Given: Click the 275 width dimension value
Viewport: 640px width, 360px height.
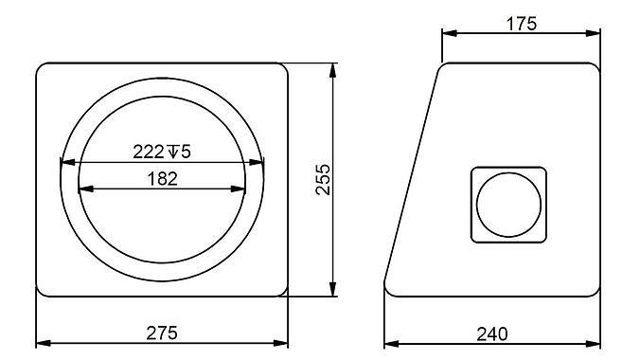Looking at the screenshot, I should pyautogui.click(x=162, y=333).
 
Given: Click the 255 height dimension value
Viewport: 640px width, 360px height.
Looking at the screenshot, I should pyautogui.click(x=322, y=180).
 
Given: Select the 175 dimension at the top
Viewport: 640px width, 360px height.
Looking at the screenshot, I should pyautogui.click(x=521, y=24).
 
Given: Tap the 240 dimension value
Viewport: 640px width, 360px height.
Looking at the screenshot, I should pyautogui.click(x=492, y=333).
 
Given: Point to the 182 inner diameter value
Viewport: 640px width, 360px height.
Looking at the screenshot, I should pyautogui.click(x=163, y=179).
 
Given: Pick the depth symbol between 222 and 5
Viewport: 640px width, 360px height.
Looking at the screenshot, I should pyautogui.click(x=173, y=151).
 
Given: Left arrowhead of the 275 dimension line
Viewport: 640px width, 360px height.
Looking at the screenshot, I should pyautogui.click(x=41, y=343).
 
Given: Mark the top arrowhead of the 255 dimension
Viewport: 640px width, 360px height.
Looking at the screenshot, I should pyautogui.click(x=332, y=69).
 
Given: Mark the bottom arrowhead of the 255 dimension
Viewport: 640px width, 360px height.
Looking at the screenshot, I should pyautogui.click(x=332, y=292).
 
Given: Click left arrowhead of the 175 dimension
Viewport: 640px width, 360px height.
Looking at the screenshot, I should pyautogui.click(x=448, y=34).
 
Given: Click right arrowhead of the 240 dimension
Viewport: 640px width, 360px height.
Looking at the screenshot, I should pyautogui.click(x=596, y=343).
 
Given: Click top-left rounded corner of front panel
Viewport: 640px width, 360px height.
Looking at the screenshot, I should pyautogui.click(x=42, y=69).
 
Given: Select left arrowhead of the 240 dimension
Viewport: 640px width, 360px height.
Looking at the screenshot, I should pyautogui.click(x=389, y=343).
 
